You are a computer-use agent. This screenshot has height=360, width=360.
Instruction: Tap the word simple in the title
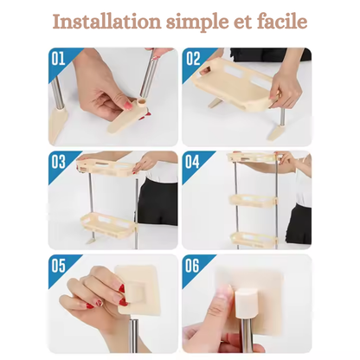tap(206, 21)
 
